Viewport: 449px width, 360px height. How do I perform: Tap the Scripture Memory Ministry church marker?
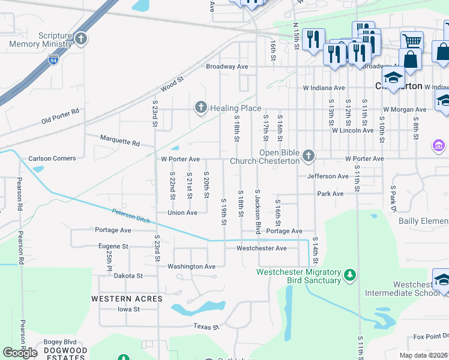[x=82, y=40]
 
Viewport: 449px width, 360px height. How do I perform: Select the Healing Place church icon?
[x=200, y=108]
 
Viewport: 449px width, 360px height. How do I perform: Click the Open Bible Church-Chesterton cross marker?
[x=309, y=156]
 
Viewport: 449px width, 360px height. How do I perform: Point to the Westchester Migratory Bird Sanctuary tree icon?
[x=350, y=276]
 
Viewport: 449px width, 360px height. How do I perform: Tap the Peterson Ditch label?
[x=130, y=215]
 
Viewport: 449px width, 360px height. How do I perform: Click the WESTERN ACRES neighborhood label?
[x=127, y=298]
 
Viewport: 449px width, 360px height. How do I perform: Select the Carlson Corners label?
[x=52, y=158]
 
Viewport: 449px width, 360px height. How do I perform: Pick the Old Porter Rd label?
[x=60, y=116]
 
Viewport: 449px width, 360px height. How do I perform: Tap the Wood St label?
[x=171, y=85]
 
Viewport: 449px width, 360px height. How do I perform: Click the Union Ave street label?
[x=182, y=212]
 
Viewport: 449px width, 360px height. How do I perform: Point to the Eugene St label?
[x=113, y=246]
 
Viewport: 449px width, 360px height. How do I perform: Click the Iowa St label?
[x=128, y=309]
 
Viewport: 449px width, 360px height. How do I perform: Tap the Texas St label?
[x=203, y=326]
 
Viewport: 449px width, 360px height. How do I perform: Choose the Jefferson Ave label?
[x=327, y=176]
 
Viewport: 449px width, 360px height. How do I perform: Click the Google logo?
[x=20, y=353]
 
